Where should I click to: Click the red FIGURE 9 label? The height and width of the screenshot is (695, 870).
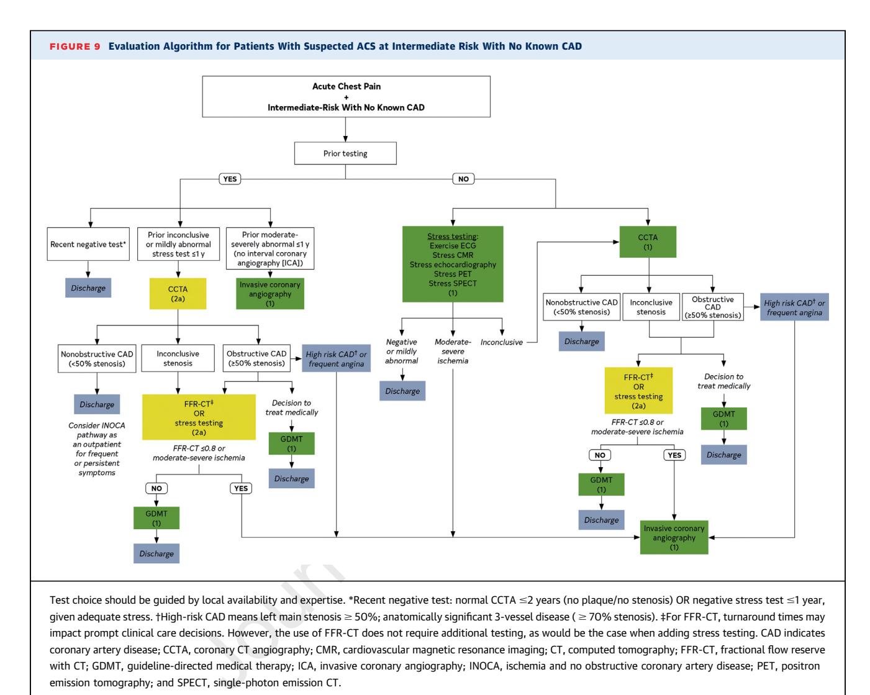pos(75,47)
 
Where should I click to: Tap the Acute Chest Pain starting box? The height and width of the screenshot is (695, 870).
pos(346,97)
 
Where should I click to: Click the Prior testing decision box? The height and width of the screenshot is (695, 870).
pos(345,153)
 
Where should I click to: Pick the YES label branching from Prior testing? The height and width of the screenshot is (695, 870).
pos(230,179)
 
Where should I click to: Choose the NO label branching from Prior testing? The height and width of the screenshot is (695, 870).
pos(463,179)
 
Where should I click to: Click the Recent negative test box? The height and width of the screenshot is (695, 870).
pos(88,244)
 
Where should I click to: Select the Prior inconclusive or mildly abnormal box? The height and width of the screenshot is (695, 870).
pos(178,244)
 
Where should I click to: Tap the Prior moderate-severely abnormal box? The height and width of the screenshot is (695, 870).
pos(270,248)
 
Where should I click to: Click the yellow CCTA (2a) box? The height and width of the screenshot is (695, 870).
pos(178,294)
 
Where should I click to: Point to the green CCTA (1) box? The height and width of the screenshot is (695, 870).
pos(648,242)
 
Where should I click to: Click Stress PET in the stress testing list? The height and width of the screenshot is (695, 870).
pos(453,274)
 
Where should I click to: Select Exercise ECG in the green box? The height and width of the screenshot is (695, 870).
pos(453,246)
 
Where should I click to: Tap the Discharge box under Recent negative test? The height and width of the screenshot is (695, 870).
pos(88,288)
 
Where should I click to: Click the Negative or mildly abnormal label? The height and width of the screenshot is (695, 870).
pos(401,352)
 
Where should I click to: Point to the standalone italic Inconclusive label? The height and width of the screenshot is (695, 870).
pos(502,342)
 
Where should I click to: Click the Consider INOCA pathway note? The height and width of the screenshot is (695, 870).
pos(97,449)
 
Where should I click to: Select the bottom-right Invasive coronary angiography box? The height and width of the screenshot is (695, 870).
pos(674,538)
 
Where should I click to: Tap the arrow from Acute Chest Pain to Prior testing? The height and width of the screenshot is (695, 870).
pos(345,129)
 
